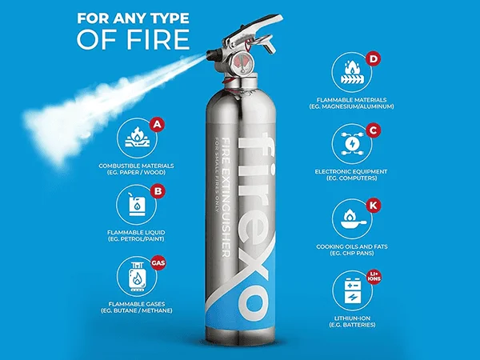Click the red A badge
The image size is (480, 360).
tap(157, 125)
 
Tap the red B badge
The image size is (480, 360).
tap(158, 191)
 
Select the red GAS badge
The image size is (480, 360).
tap(158, 263)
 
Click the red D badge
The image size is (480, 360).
tap(374, 58)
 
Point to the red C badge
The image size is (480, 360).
tap(374, 130)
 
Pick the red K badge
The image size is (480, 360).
tap(374, 206)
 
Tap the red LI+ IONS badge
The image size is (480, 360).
tap(374, 277)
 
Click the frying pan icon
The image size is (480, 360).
tap(353, 218)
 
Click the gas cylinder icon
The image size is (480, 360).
tap(137, 277)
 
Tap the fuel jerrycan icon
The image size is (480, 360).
tap(137, 204)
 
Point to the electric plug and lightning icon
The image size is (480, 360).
tap(352, 143)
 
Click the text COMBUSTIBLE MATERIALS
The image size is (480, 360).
tap(136, 166)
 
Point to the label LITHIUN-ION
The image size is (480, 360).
tap(352, 318)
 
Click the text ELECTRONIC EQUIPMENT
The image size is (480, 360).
tap(351, 171)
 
